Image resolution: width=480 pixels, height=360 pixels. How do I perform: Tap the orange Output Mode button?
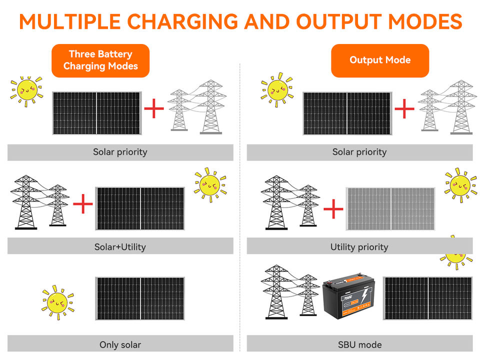380,60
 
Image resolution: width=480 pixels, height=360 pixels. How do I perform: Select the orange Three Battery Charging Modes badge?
100,60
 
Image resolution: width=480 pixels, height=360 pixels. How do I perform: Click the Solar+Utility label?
120,246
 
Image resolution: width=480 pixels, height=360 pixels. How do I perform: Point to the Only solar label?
120,344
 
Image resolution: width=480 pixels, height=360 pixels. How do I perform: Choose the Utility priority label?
359,246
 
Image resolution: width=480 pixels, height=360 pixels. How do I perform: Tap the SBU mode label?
359,344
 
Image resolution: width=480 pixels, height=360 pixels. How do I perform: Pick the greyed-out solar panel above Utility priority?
390,208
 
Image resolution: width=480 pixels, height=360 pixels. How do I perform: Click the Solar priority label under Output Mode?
359,152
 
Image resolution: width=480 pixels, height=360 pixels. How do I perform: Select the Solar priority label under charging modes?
120,152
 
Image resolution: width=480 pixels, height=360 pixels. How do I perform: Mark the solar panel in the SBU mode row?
428,298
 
